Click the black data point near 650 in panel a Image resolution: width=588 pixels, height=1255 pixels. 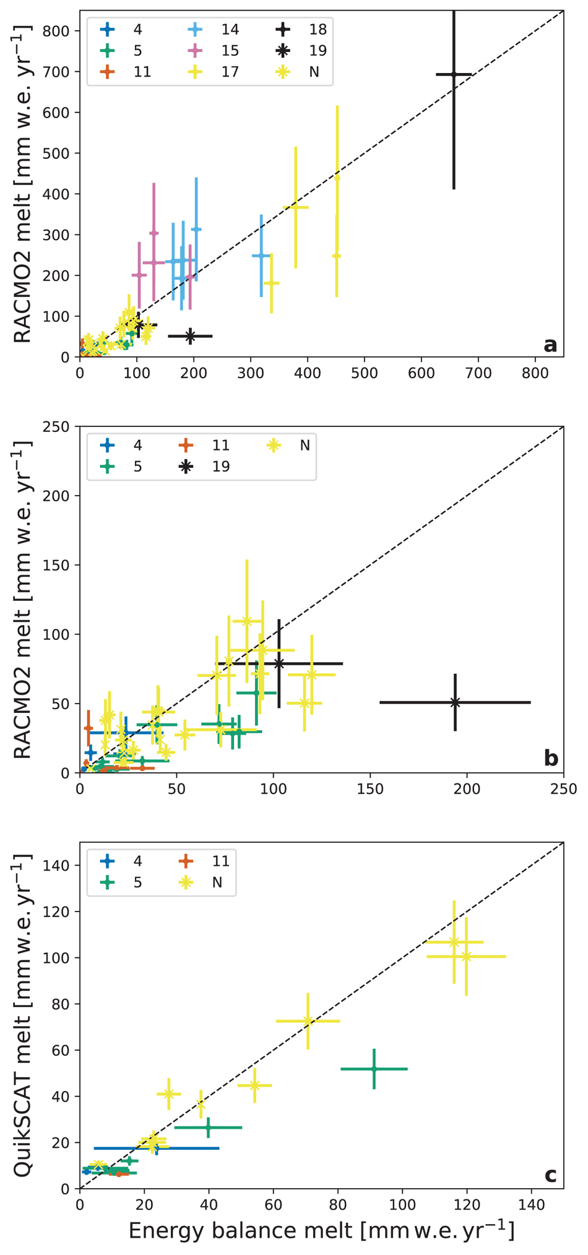coord(454,74)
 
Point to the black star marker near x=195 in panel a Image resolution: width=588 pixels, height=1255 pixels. coord(190,336)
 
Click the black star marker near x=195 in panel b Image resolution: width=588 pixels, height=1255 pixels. coord(455,702)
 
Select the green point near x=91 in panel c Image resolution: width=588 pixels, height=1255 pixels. coord(374,1069)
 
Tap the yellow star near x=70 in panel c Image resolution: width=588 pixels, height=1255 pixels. coord(308,1021)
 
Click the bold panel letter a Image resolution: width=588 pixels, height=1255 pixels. coord(550,345)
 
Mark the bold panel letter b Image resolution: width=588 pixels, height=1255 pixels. coord(551,759)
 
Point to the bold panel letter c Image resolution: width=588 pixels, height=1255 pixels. coord(550,1175)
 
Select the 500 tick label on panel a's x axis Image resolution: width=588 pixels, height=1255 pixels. coord(365,373)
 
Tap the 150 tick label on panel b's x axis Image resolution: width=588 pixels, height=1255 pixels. coord(370,789)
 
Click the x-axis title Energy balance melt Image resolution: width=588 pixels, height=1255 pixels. coord(321,1230)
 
